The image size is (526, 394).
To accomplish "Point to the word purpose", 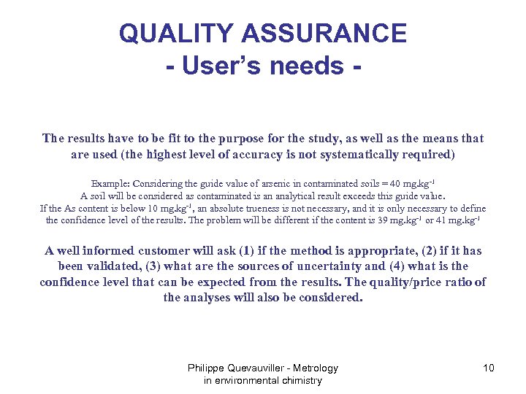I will coord(241,139).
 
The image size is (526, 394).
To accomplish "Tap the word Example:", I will coord(109,182).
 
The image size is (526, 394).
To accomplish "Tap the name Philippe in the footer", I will coord(209,368).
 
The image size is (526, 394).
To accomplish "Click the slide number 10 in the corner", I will coord(488,368).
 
